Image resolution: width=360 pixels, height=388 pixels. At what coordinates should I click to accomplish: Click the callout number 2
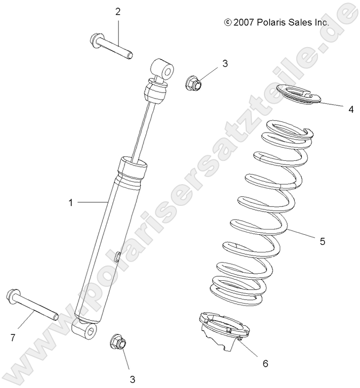tap(118, 12)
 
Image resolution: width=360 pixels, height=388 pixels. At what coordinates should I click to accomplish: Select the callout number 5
tap(323, 241)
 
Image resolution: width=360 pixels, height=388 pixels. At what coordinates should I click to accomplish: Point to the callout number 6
tap(265, 363)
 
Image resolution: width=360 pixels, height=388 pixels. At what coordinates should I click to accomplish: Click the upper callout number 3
tap(211, 63)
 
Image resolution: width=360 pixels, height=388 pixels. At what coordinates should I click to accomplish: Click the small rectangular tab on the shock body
tap(116, 256)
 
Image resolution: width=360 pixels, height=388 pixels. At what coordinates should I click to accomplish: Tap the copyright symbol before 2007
tap(228, 22)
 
